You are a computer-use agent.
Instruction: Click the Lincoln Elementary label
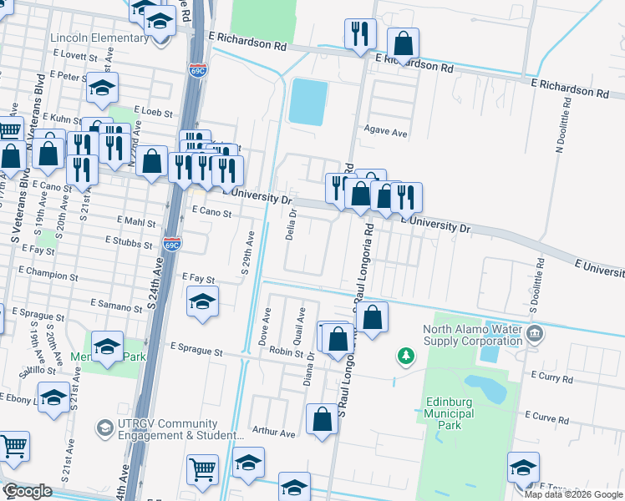(99, 38)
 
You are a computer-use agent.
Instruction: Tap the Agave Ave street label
(385, 132)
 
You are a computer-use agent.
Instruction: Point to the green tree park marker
(406, 357)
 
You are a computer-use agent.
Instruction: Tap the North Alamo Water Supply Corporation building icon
(536, 334)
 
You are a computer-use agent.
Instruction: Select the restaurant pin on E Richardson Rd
(360, 34)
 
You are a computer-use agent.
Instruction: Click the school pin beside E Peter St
(102, 88)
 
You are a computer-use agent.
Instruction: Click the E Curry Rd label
(551, 379)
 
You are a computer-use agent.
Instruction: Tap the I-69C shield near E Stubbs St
(171, 245)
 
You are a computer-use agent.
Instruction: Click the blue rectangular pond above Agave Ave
(307, 102)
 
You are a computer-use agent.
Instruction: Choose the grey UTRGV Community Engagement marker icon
(104, 428)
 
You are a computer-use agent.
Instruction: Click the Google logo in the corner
(28, 491)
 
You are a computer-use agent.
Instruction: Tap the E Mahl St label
(139, 224)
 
